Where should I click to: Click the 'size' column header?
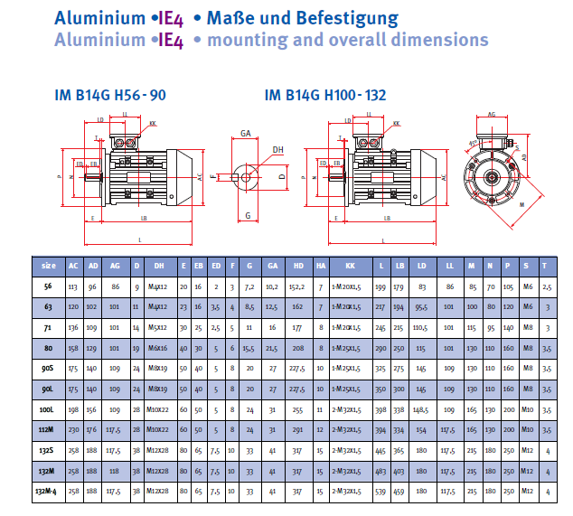click(x=49, y=266)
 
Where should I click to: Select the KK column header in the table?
click(x=344, y=266)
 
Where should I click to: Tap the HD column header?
click(x=297, y=266)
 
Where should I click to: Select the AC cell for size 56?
click(x=73, y=286)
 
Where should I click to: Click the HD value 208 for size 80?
click(x=297, y=348)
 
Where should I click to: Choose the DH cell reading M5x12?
click(x=159, y=327)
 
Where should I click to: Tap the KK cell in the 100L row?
click(x=344, y=410)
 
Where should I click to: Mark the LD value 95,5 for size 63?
click(x=421, y=307)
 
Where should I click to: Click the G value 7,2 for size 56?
click(x=249, y=286)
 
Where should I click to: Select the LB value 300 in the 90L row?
click(x=399, y=389)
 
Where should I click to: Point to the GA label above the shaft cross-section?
click(x=246, y=133)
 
